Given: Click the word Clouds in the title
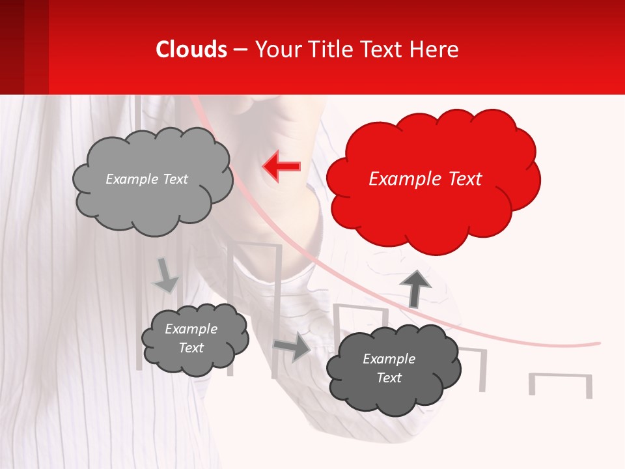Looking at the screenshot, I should [191, 50].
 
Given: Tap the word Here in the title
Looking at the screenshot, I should [436, 50].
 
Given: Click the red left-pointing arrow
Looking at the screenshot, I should [281, 167].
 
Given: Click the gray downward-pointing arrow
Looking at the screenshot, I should [166, 276].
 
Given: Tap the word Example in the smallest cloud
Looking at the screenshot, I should [191, 329].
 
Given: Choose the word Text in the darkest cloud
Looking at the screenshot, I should [389, 378].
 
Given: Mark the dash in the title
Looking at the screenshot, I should [240, 50].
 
